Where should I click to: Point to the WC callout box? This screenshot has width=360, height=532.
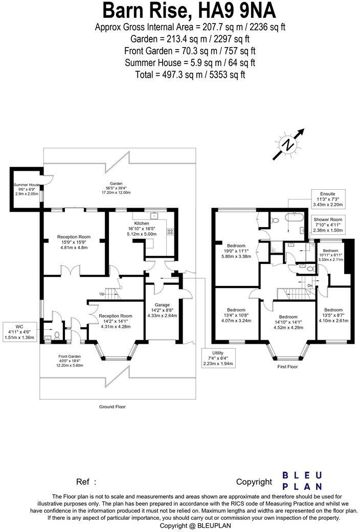tap(19, 332)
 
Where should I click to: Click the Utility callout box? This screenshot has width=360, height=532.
tap(218, 358)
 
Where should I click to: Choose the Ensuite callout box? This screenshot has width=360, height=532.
tap(328, 199)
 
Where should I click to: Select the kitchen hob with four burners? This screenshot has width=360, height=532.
tap(170, 232)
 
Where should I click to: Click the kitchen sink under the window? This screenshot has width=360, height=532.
tap(155, 215)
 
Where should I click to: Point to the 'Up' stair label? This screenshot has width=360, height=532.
tap(102, 294)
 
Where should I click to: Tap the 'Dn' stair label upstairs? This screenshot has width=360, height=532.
tap(310, 285)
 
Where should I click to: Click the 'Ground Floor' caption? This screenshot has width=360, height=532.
tap(112, 407)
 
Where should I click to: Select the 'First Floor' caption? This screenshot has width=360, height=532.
tap(287, 367)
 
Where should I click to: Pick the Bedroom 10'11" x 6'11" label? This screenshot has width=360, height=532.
tap(330, 255)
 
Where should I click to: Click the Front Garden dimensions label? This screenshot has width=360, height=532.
tap(70, 361)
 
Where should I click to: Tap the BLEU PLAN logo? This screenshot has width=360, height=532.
tap(302, 481)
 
